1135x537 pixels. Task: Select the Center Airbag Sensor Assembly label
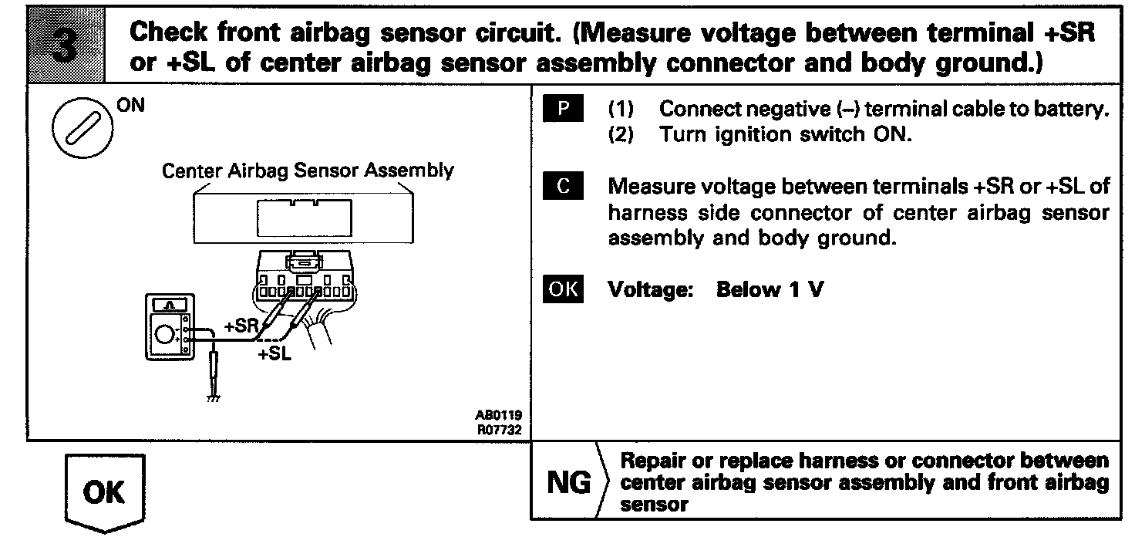pyautogui.click(x=308, y=171)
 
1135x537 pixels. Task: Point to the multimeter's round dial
pyautogui.click(x=164, y=335)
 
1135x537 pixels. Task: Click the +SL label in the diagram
pyautogui.click(x=274, y=355)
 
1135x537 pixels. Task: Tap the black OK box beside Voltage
pyautogui.click(x=563, y=289)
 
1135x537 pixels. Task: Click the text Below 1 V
pyautogui.click(x=770, y=290)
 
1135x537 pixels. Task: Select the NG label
pyautogui.click(x=568, y=484)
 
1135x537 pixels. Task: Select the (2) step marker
pyautogui.click(x=621, y=134)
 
